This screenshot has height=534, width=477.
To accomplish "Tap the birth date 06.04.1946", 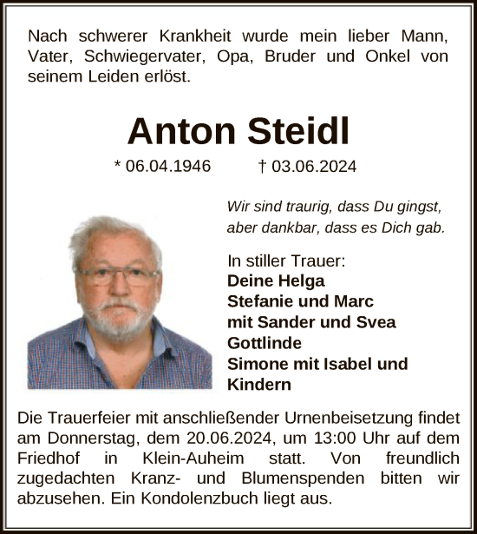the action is point(167,166).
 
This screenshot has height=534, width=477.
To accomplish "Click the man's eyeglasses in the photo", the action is point(116,278).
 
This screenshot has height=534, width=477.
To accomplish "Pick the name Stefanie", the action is point(261,301).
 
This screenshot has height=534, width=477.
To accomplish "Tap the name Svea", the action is point(376,322).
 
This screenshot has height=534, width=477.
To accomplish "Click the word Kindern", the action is point(258,385).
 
